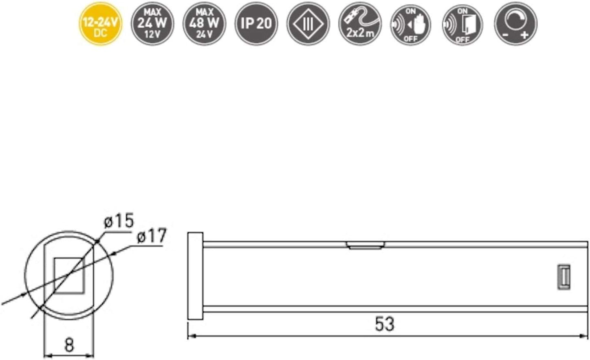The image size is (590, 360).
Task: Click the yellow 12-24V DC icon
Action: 100,24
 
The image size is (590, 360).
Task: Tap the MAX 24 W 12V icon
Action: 152,24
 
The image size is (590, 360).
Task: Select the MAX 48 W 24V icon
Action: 204,24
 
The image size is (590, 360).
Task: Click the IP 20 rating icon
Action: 256,24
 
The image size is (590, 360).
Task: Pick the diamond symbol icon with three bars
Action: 308,24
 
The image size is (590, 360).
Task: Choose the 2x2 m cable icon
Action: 360,24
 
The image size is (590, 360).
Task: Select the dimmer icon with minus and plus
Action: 516,24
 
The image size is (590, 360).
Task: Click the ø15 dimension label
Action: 119,221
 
